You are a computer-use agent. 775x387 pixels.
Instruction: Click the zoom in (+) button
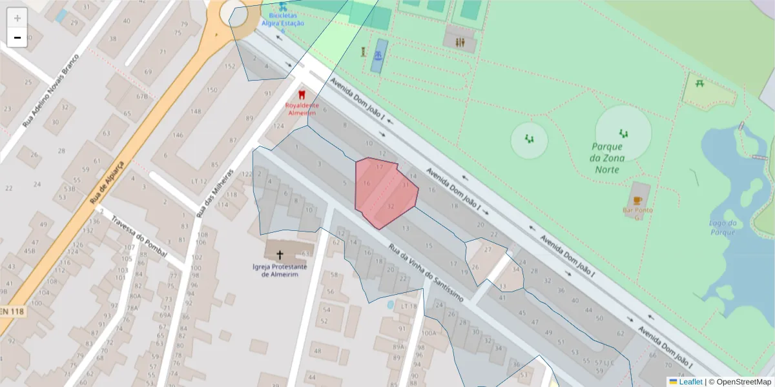17,18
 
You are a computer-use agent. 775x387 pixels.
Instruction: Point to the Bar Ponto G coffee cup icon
637,201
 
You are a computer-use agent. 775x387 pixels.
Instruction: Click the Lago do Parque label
723,228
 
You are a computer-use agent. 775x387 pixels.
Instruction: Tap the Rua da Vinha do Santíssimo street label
426,273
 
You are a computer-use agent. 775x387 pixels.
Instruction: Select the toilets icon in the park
459,42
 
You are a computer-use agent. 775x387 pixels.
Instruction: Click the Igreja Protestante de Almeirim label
280,270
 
